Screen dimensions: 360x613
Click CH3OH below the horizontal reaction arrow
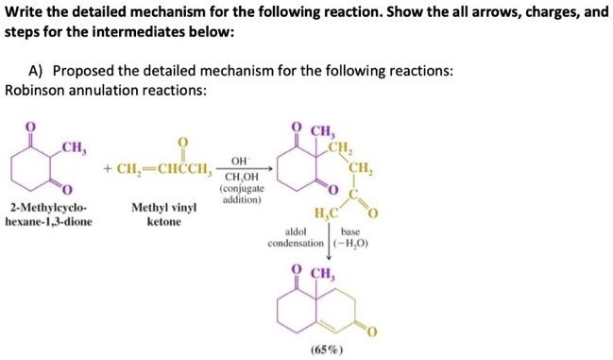243,177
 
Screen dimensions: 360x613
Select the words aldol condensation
296,237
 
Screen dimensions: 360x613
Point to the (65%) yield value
326,350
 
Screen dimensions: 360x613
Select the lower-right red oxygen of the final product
372,329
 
